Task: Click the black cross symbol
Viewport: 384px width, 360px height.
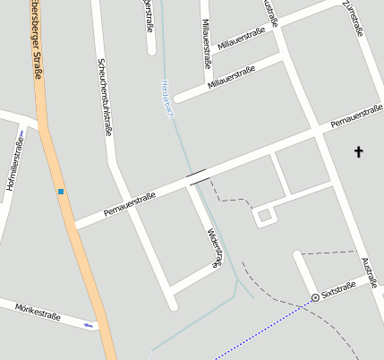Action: [x=360, y=151]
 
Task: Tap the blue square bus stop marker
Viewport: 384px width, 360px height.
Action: [x=61, y=191]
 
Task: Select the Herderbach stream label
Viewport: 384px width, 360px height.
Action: [x=166, y=99]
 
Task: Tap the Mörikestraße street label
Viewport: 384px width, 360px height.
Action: [x=38, y=312]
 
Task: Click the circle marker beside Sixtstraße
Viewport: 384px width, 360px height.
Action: [x=315, y=296]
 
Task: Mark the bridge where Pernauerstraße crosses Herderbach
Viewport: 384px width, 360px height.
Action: [x=196, y=176]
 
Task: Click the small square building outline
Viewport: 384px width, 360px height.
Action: [x=263, y=216]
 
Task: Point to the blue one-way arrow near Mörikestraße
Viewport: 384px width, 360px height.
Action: [x=88, y=324]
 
